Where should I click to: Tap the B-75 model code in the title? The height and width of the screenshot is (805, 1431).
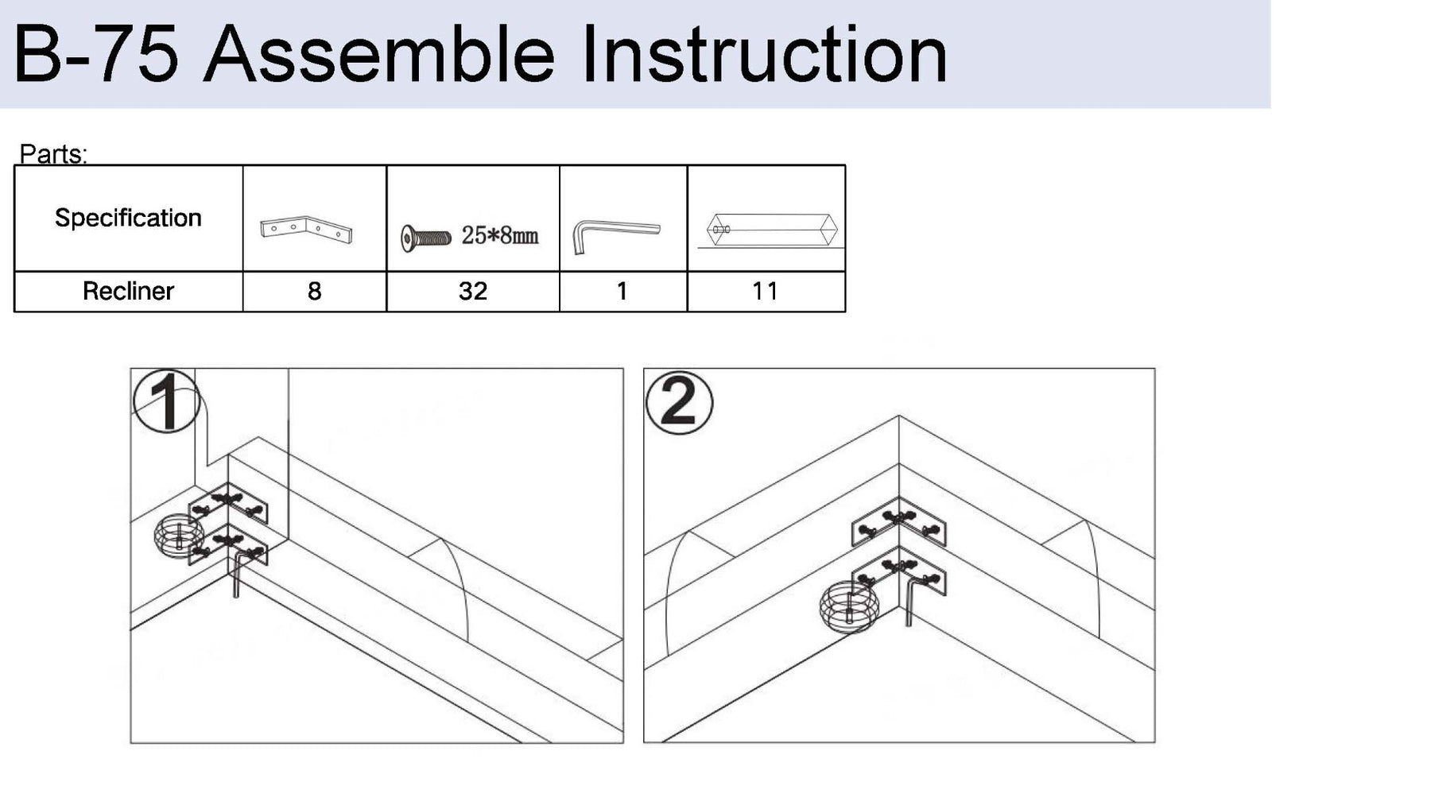95,55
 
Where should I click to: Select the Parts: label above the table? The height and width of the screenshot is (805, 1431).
53,153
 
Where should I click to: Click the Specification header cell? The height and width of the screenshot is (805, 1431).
128,218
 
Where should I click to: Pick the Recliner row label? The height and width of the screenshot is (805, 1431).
128,291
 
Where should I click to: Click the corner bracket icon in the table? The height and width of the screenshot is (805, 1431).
306,229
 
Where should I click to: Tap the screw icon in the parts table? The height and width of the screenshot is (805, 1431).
425,238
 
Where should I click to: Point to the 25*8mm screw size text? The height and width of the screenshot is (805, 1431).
500,235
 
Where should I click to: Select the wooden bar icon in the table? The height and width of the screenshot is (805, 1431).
771,230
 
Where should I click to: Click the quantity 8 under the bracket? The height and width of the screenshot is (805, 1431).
314,291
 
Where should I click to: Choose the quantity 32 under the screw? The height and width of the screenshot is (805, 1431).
472,291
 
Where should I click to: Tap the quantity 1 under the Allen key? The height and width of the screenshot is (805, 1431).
622,291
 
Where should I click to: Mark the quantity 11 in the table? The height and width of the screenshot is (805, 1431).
765,291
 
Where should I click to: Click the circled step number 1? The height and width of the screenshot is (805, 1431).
165,402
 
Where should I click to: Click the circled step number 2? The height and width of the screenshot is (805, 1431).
678,403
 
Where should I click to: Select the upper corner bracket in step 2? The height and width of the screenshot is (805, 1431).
898,522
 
